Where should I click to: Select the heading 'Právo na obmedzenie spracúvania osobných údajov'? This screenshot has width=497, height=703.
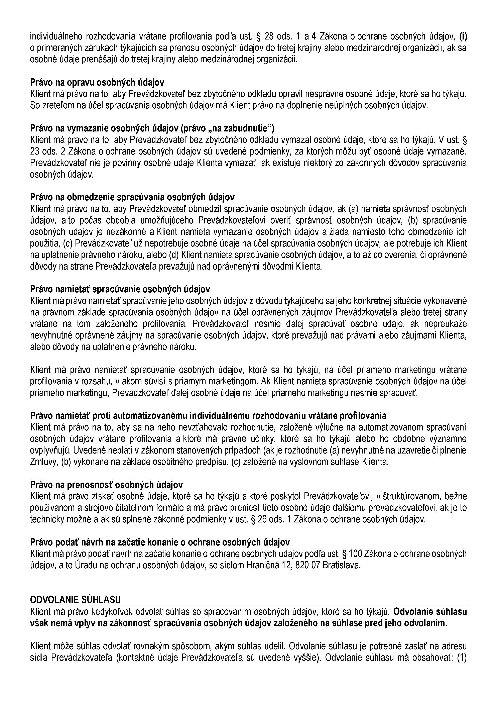[132, 197]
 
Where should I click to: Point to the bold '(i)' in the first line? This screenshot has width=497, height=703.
[463, 36]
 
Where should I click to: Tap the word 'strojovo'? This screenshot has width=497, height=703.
[98, 508]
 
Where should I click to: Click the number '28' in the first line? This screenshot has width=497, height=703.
[269, 36]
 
